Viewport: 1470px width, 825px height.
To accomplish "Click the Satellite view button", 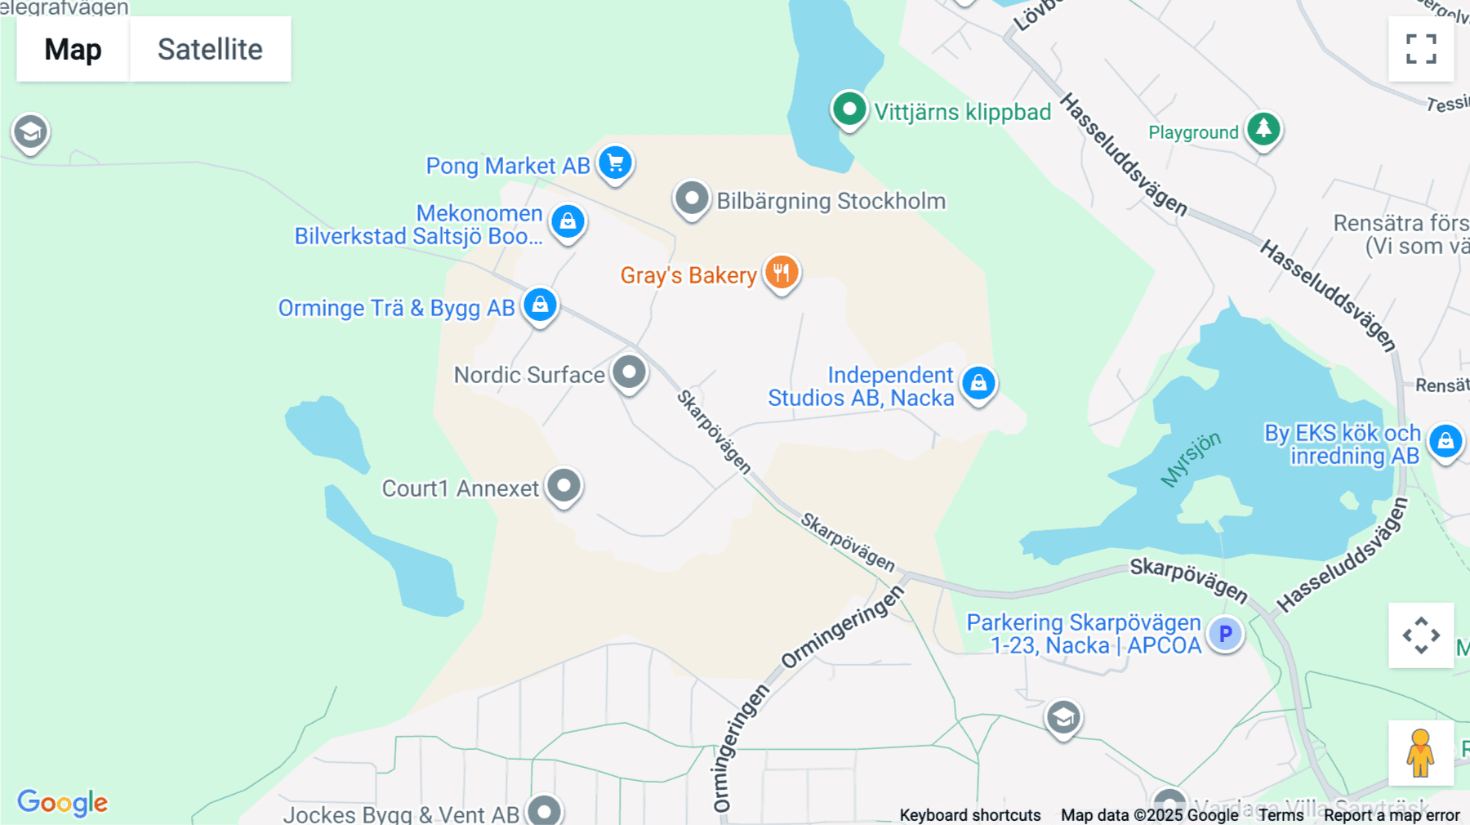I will [210, 49].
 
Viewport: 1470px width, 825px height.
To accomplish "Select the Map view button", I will [73, 49].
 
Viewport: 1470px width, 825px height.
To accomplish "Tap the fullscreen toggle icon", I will [1421, 49].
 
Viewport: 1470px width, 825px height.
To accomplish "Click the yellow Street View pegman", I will [1420, 752].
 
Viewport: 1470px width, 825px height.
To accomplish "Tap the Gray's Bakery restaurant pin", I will [782, 272].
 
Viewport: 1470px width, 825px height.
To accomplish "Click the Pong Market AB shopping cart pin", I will [615, 163].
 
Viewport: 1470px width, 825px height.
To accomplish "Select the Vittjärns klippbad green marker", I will [849, 109].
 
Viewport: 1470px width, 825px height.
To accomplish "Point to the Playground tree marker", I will [1263, 128].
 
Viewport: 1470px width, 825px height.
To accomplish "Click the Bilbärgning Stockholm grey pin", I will [692, 198].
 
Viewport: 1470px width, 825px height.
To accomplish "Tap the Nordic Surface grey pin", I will [629, 372].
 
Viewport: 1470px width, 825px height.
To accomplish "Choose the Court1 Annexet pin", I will [563, 486].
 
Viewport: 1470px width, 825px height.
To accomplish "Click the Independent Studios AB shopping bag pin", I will [978, 382].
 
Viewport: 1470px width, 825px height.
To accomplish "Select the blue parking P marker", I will [1225, 633].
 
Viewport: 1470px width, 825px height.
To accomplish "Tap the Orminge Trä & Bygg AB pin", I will [540, 305].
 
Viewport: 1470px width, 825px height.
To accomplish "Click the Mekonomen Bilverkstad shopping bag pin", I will [568, 221].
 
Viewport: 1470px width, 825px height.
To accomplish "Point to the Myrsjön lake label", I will [1191, 458].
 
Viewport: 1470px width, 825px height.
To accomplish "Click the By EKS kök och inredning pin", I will [1445, 441].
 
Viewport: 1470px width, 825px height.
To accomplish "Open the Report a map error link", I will [1392, 815].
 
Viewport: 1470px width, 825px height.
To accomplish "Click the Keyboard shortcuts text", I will [969, 815].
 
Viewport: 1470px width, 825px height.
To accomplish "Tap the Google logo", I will [63, 802].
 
